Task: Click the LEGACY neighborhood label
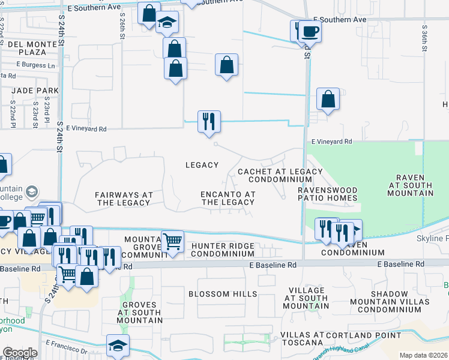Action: [202, 165]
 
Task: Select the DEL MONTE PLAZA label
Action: [25, 48]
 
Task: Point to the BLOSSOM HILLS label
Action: [223, 294]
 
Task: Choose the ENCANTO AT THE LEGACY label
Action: [228, 198]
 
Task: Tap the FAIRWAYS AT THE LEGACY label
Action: [122, 199]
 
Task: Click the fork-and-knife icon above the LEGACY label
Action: [209, 121]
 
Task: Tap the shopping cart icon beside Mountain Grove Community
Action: [173, 242]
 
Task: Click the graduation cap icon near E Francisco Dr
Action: [118, 345]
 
